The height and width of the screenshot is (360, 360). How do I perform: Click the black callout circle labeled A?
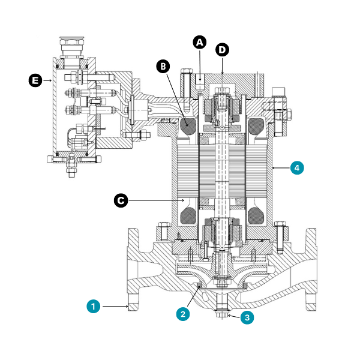[199, 42]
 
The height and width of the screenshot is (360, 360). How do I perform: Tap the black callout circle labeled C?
[121, 200]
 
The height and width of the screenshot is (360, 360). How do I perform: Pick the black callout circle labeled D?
[222, 50]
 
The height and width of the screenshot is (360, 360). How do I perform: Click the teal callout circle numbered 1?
[93, 307]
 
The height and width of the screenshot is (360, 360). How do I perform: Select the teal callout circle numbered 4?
[296, 168]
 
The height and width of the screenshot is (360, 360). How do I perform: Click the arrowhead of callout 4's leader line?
[273, 168]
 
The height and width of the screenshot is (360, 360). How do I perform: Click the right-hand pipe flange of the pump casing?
[311, 269]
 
